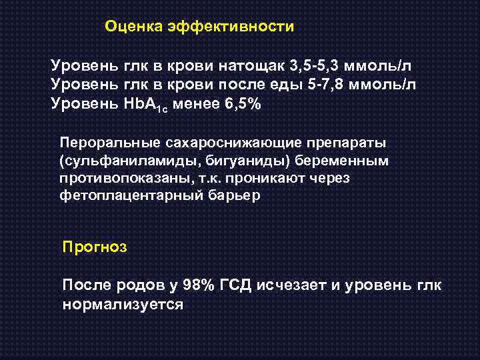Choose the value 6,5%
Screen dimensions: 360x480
point(241,104)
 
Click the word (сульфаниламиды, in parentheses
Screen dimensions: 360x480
point(115,161)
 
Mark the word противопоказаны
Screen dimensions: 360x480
point(113,179)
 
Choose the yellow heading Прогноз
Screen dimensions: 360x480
point(93,247)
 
